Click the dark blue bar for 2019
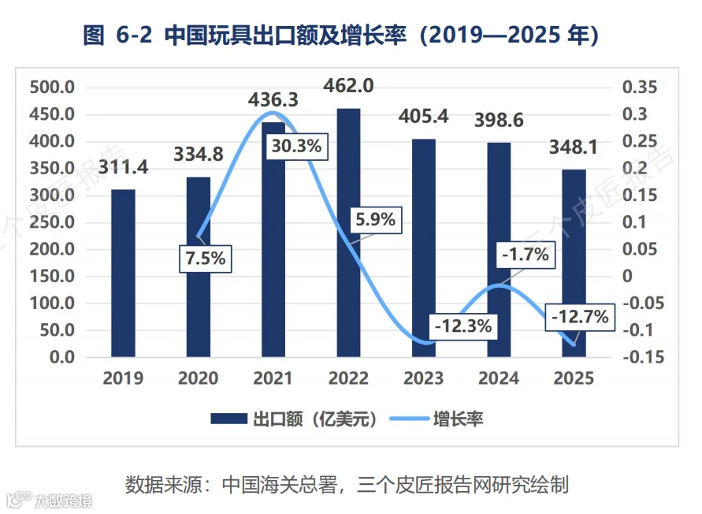tap(123, 273)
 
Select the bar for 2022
tap(348, 233)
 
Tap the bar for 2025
tap(574, 263)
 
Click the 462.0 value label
tap(348, 86)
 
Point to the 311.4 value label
tap(123, 167)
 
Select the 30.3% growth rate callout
tap(296, 146)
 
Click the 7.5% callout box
tap(206, 259)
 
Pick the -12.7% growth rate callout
tap(580, 317)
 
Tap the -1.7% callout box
tap(526, 255)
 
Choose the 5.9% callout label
tap(376, 220)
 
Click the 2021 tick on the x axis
tap(273, 378)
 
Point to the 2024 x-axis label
tap(499, 378)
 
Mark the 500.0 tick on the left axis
tap(52, 88)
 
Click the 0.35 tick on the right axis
tap(640, 88)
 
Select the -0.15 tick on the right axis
tap(644, 357)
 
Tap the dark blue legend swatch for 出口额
tap(228, 419)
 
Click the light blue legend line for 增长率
tap(409, 419)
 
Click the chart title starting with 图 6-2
tap(341, 35)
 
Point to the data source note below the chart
tap(347, 484)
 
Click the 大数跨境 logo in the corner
tap(49, 500)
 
